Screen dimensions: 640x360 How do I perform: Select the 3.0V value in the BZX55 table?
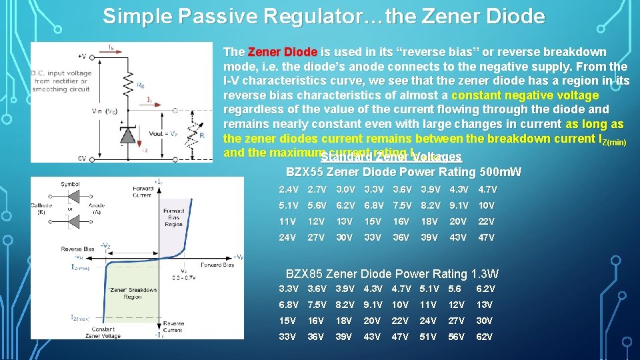point(345,189)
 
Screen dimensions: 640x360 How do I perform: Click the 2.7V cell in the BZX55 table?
point(316,189)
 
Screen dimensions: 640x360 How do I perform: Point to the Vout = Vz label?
point(164,133)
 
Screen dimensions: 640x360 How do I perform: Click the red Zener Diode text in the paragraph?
point(283,52)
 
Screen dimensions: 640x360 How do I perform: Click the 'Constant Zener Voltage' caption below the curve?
point(103,333)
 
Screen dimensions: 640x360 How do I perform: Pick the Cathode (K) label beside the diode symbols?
point(41,209)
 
